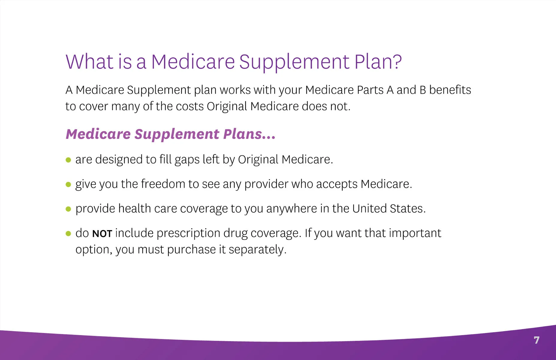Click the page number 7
(537, 340)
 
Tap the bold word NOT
(102, 234)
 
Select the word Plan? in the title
(378, 62)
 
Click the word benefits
(450, 90)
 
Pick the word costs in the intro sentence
(190, 106)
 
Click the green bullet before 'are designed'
(68, 160)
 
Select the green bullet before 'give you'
(68, 184)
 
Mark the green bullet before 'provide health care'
(68, 209)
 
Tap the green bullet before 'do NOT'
(68, 233)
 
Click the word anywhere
(291, 209)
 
